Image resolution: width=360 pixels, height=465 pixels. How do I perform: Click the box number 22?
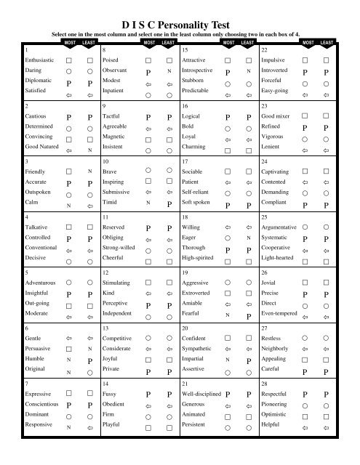pos(264,48)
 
